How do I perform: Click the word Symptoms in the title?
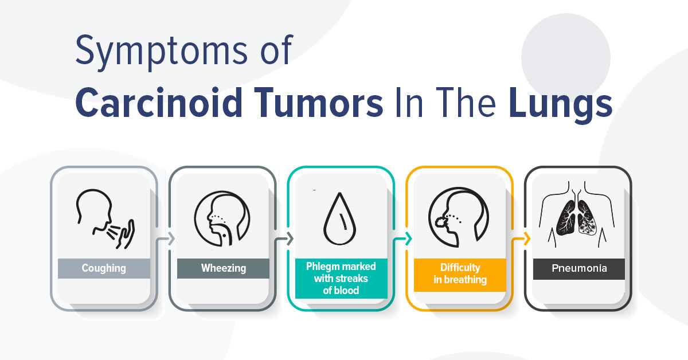[x=161, y=52]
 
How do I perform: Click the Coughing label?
[x=104, y=268]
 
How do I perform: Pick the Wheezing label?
[x=223, y=268]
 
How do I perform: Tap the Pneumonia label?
[x=579, y=268]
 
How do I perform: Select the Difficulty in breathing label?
[x=460, y=274]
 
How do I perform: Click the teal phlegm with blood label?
[x=341, y=278]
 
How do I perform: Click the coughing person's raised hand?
[x=126, y=234]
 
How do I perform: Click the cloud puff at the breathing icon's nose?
[x=441, y=221]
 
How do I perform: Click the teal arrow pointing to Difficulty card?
[x=402, y=238]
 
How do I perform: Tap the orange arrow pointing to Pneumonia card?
[x=521, y=238]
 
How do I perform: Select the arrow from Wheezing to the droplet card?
[x=283, y=238]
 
